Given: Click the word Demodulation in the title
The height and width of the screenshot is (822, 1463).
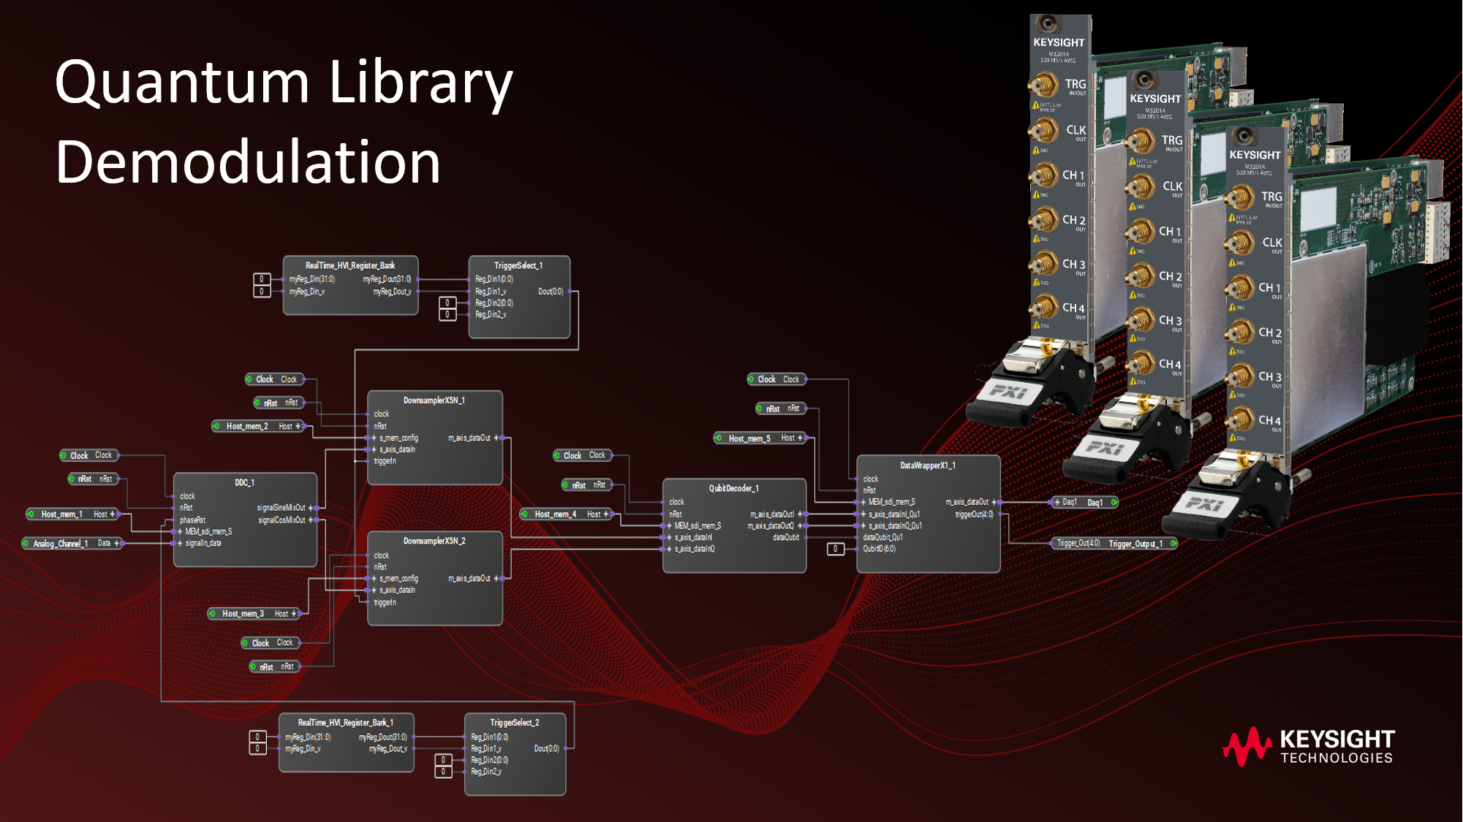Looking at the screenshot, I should [248, 162].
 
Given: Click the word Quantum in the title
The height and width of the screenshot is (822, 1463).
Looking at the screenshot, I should [182, 82].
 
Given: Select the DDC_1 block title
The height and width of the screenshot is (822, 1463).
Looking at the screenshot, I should [244, 483].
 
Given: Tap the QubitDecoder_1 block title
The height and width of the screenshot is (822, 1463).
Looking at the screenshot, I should [733, 488].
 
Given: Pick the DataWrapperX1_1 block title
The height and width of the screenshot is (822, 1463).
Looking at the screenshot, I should [927, 465].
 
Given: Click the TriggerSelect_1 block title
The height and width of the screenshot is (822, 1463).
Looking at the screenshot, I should [518, 266].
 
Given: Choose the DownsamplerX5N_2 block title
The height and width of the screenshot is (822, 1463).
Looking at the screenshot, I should [434, 541].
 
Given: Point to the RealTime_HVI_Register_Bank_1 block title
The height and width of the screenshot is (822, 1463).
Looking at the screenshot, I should [345, 723].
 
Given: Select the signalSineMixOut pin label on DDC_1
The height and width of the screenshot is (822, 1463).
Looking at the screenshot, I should [281, 508].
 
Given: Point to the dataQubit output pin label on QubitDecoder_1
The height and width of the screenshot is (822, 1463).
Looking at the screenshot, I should [785, 538].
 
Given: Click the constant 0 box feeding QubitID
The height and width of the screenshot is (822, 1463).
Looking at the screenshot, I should [835, 549].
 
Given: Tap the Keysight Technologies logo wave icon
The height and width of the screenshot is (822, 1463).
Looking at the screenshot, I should [1246, 746].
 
